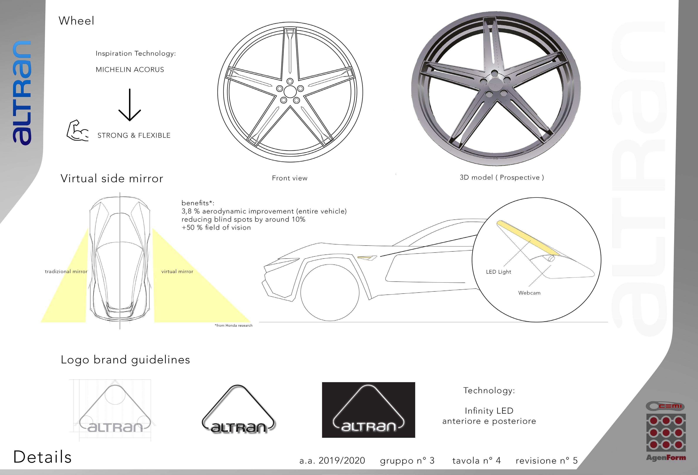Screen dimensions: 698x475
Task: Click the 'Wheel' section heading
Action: click(76, 21)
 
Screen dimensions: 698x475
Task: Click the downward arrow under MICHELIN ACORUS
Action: click(130, 105)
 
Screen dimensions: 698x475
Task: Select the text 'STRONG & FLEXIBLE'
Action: click(134, 135)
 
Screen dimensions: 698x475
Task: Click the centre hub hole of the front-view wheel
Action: click(290, 92)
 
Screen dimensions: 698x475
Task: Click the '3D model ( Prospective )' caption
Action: click(502, 177)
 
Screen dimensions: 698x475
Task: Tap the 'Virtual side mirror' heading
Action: click(112, 179)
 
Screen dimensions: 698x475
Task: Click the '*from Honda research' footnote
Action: click(233, 326)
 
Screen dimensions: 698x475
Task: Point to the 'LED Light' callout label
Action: click(498, 272)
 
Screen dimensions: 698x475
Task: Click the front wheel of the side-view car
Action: click(330, 293)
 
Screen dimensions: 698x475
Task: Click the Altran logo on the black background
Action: click(368, 410)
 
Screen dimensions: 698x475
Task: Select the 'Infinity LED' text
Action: click(489, 410)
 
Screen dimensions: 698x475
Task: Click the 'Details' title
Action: click(42, 457)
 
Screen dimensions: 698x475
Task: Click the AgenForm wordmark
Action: click(666, 458)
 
